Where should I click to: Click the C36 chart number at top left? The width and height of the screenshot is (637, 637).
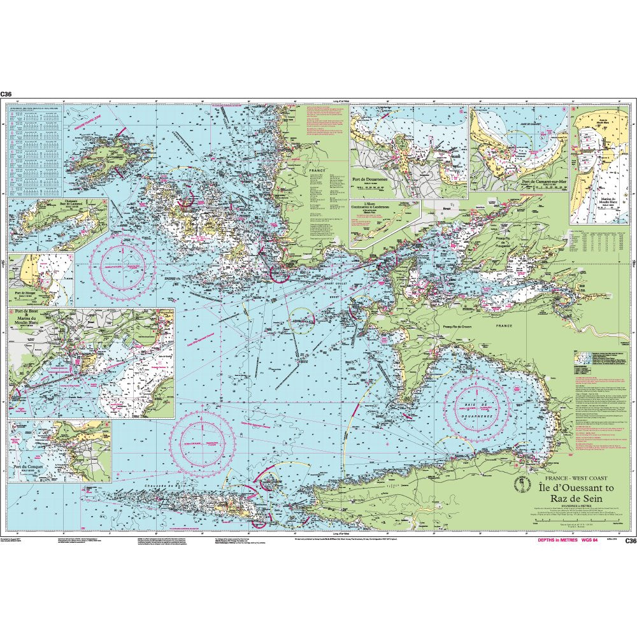[6, 94]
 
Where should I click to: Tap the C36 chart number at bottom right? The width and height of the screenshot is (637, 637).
[630, 541]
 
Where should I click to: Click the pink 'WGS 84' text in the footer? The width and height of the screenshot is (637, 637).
[588, 540]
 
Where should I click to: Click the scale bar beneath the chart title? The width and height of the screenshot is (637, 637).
[560, 524]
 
